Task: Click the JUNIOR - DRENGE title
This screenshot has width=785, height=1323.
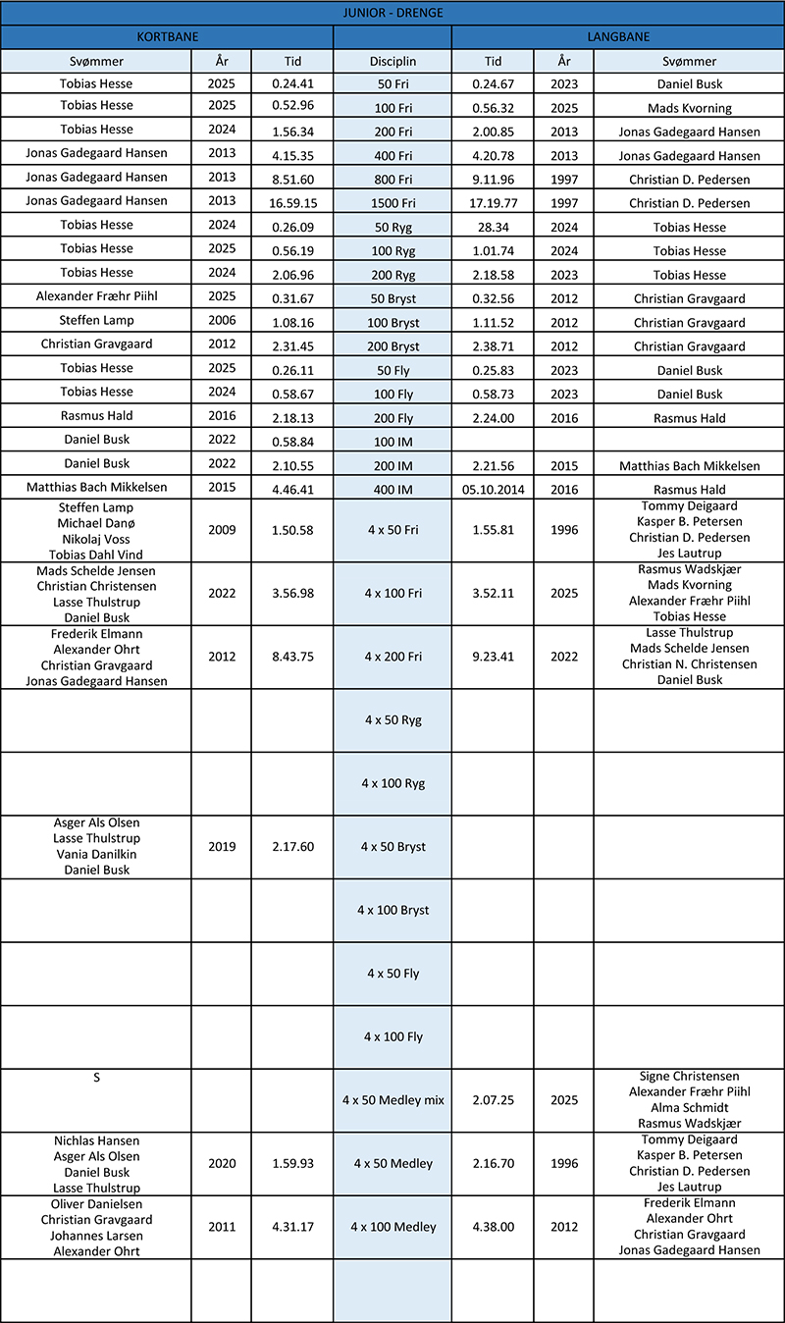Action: [392, 14]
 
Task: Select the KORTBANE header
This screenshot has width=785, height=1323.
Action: [166, 37]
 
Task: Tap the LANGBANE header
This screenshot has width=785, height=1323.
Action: [617, 37]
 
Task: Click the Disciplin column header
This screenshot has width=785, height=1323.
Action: [392, 61]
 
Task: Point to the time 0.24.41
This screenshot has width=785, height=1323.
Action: [292, 84]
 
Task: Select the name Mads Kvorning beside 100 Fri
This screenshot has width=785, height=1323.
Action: [689, 108]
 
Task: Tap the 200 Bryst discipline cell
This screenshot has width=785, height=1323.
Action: [392, 346]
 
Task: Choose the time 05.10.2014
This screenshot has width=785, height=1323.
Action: [493, 489]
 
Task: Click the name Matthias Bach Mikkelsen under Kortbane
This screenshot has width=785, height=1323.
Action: [96, 488]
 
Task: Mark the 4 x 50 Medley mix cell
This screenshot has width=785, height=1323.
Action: [392, 1100]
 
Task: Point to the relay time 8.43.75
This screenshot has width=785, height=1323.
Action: [292, 657]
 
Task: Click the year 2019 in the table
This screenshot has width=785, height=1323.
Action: [222, 846]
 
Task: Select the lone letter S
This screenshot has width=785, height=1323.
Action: [96, 1078]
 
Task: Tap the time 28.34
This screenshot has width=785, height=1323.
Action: [493, 227]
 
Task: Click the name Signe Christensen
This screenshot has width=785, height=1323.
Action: [689, 1077]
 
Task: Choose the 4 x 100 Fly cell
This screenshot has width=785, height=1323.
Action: [392, 1036]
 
